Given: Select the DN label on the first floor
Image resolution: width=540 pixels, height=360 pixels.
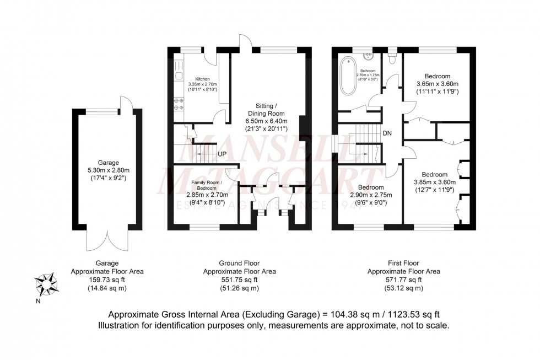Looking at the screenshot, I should click(x=388, y=133).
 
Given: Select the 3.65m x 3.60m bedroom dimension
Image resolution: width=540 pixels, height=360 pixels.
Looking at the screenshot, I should click(x=437, y=84).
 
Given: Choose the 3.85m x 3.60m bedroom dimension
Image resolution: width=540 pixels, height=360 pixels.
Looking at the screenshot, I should click(x=435, y=182).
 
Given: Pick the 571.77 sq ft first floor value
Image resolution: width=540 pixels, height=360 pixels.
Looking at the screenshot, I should click(x=404, y=280).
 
